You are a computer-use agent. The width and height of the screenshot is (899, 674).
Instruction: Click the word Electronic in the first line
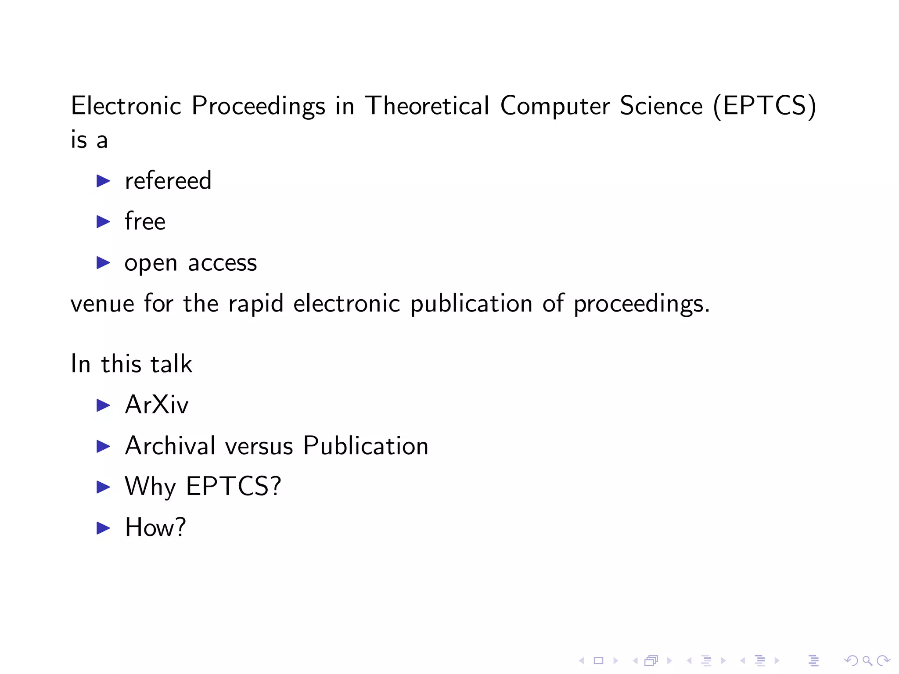click(126, 106)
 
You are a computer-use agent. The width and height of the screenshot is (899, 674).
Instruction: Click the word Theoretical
click(427, 106)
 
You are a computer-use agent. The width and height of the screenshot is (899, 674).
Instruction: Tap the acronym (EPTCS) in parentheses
click(764, 106)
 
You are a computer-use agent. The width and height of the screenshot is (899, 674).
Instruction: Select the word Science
click(661, 106)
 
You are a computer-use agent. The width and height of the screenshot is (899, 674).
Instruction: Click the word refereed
click(168, 180)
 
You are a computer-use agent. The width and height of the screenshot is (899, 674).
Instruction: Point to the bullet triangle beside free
click(103, 222)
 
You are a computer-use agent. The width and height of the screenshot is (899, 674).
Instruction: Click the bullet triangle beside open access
click(103, 263)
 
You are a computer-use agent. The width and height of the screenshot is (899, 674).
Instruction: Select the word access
click(222, 263)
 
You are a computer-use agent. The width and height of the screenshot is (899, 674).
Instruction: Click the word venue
click(102, 304)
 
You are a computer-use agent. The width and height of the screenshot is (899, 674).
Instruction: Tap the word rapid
click(255, 304)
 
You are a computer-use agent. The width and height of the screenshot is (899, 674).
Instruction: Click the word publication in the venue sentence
click(471, 304)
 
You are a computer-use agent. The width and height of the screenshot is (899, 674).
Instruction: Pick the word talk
click(171, 364)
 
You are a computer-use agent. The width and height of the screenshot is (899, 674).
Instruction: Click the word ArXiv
click(157, 405)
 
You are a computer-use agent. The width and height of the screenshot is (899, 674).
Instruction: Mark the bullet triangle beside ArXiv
click(103, 405)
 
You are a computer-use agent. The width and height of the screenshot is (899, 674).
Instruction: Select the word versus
click(259, 446)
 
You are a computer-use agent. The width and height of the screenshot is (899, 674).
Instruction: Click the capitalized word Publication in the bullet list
click(366, 446)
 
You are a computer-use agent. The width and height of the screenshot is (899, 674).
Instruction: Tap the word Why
click(150, 487)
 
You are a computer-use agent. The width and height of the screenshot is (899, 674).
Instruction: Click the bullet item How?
click(155, 527)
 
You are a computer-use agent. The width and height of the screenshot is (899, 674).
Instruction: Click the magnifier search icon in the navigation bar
click(867, 660)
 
